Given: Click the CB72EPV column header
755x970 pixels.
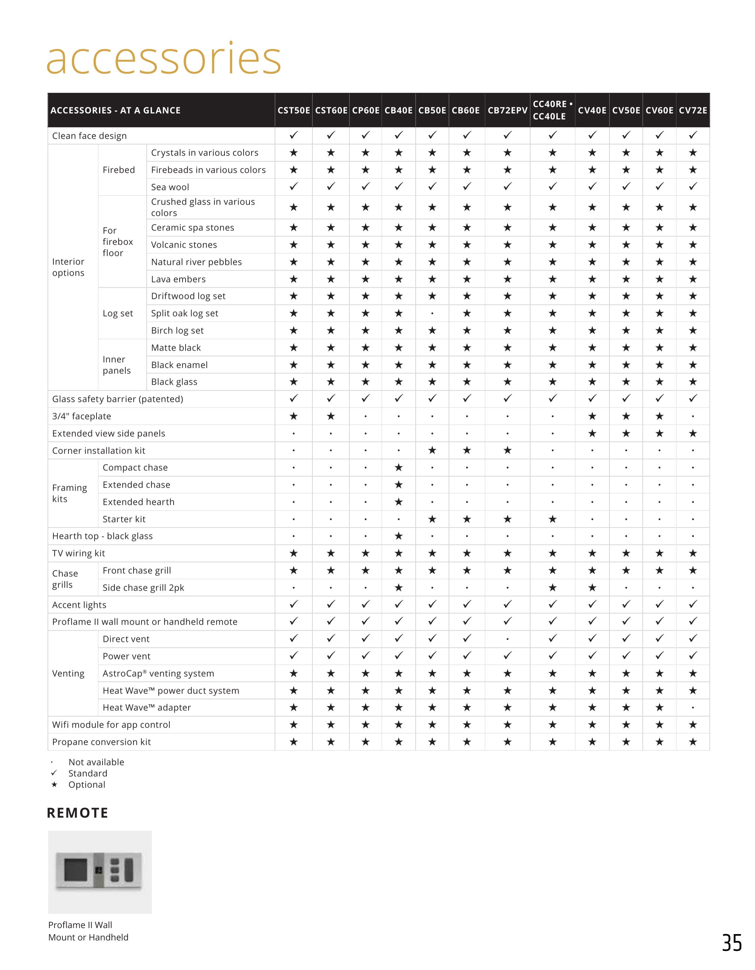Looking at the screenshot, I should (507, 110).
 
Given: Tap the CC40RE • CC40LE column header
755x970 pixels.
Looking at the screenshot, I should (552, 110).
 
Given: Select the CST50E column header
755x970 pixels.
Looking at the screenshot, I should (294, 110).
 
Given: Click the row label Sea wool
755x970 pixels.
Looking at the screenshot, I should (170, 187).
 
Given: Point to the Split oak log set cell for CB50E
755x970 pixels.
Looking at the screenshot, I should (432, 314).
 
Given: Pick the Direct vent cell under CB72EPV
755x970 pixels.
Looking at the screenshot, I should (507, 639).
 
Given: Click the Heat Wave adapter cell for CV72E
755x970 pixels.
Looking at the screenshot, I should (693, 708).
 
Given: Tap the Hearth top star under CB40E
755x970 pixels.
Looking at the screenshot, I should (399, 536).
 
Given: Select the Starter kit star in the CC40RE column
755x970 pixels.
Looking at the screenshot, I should (552, 519).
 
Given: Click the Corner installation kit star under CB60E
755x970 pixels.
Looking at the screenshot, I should (467, 450).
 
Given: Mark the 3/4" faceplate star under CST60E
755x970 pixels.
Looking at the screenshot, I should (331, 416).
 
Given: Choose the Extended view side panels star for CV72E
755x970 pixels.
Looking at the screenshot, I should (693, 433).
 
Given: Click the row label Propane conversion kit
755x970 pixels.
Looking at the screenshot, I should (101, 742).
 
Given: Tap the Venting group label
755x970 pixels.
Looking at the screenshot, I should (68, 673).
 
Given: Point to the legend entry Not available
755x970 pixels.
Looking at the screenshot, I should (96, 762).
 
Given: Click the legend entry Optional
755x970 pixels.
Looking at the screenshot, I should (86, 784).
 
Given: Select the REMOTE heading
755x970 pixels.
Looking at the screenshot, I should (78, 813).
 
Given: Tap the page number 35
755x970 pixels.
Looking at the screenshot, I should (731, 943).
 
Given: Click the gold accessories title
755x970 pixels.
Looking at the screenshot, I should (164, 59).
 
